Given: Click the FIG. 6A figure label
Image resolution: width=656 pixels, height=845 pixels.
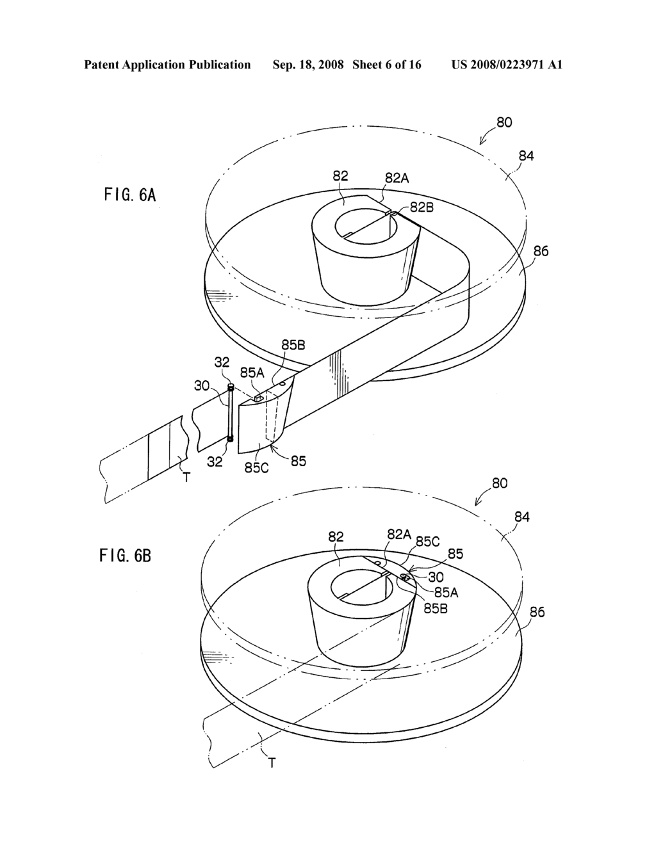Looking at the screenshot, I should [129, 195].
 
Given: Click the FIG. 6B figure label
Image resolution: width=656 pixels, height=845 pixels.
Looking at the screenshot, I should [125, 555].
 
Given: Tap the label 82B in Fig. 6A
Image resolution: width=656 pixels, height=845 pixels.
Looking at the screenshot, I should [422, 206].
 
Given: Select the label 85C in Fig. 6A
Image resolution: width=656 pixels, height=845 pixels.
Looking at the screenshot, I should [256, 467].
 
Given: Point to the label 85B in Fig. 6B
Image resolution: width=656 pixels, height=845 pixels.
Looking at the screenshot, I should [435, 608].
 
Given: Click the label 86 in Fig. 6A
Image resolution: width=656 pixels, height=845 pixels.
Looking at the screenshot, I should [541, 251].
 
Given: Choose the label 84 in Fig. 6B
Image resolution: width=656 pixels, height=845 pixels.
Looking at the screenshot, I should [522, 517].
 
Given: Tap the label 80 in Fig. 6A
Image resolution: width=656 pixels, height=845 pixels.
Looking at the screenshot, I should [504, 122].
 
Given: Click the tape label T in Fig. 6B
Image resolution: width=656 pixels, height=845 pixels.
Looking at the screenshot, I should [272, 762].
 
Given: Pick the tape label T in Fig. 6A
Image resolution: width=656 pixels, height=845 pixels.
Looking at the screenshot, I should [186, 477].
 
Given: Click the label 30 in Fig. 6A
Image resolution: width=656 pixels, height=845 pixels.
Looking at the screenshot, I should [202, 385].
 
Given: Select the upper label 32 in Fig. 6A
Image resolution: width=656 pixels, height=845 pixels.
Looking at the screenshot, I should [222, 362].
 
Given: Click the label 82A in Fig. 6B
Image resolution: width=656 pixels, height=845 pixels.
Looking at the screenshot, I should [398, 534].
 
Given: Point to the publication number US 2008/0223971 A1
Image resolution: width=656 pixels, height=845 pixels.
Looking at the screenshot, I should [507, 65].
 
